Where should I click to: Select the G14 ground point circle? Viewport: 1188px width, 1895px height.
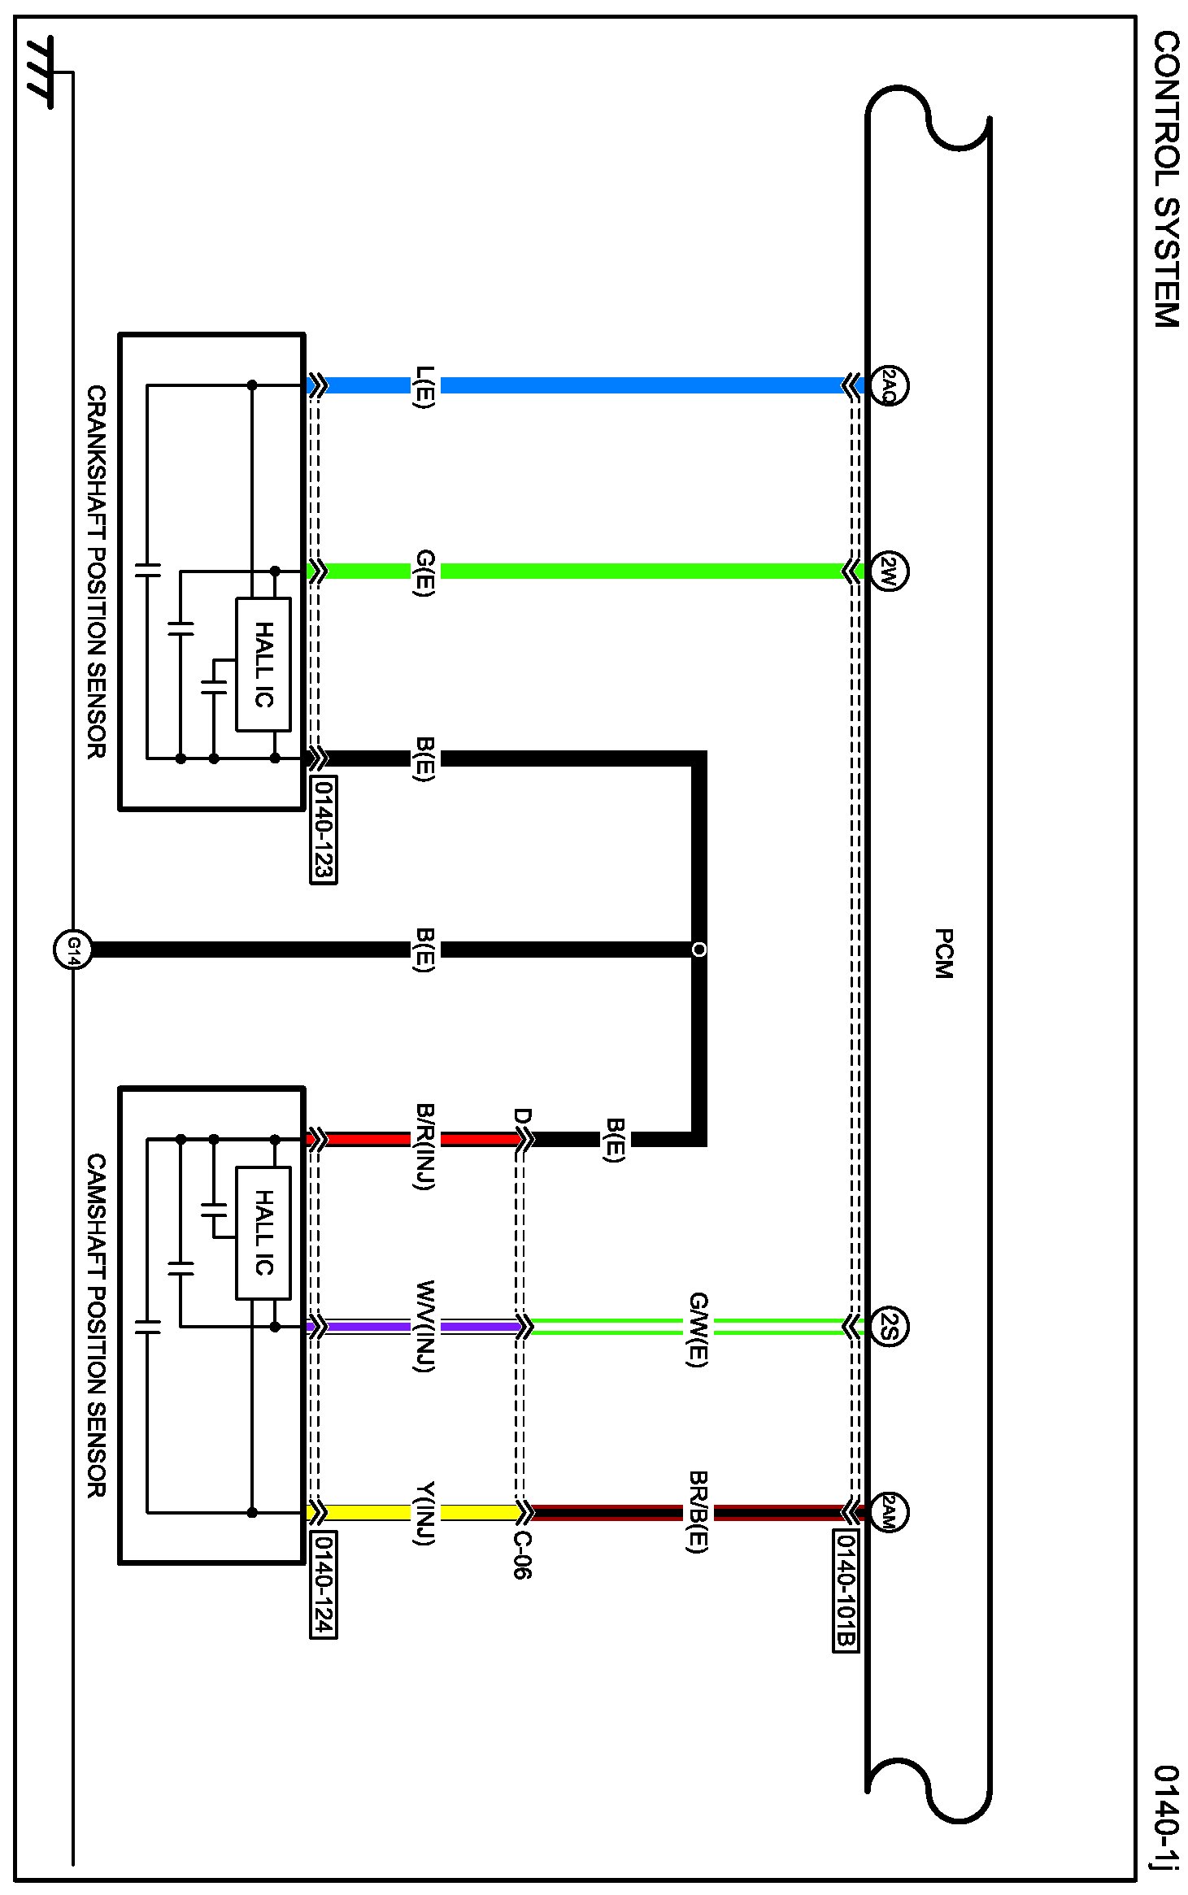pyautogui.click(x=72, y=949)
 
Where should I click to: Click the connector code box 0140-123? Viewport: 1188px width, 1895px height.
pyautogui.click(x=324, y=829)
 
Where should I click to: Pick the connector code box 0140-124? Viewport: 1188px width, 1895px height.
pyautogui.click(x=324, y=1584)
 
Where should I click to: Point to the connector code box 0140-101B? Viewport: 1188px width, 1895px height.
pyautogui.click(x=846, y=1591)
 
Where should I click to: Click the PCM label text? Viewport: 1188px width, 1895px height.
pyautogui.click(x=943, y=953)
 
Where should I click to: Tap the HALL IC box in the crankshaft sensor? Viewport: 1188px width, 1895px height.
pyautogui.click(x=263, y=664)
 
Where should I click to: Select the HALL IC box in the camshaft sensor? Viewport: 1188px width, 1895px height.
pyautogui.click(x=263, y=1232)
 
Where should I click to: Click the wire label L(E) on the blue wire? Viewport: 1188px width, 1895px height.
pyautogui.click(x=424, y=387)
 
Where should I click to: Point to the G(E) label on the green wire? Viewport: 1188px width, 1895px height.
pyautogui.click(x=424, y=573)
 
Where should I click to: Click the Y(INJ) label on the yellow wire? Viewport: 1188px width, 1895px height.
pyautogui.click(x=424, y=1513)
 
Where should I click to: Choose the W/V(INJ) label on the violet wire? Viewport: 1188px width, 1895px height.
pyautogui.click(x=424, y=1326)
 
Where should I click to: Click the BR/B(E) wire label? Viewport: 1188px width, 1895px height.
pyautogui.click(x=698, y=1511)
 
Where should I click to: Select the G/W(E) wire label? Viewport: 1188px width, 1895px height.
pyautogui.click(x=698, y=1329)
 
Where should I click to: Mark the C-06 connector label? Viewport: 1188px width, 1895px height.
pyautogui.click(x=521, y=1554)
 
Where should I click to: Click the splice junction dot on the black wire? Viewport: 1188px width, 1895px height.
pyautogui.click(x=698, y=949)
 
